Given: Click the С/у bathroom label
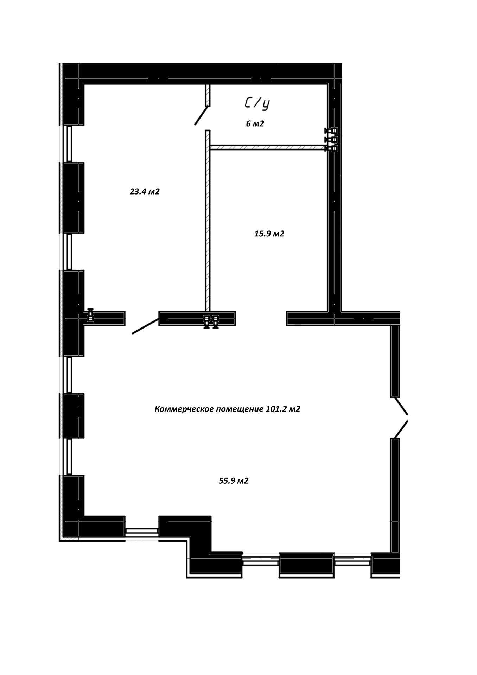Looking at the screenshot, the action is click(257, 104).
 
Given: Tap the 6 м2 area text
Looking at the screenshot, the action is click(255, 123).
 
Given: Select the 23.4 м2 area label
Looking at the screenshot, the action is click(145, 191).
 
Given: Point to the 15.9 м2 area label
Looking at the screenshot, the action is click(269, 234).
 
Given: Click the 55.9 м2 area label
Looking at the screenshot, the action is click(234, 480).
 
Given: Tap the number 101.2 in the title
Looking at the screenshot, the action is click(273, 409).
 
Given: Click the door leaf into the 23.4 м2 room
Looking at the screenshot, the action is click(145, 326).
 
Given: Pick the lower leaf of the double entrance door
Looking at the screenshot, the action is click(401, 429).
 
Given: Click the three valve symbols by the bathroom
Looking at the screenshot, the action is click(331, 140).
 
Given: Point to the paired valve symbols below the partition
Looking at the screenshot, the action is click(211, 321).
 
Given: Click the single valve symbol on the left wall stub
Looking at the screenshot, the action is click(91, 315).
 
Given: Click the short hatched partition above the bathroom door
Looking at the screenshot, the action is click(208, 95).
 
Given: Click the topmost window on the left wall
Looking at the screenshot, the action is click(69, 144).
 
